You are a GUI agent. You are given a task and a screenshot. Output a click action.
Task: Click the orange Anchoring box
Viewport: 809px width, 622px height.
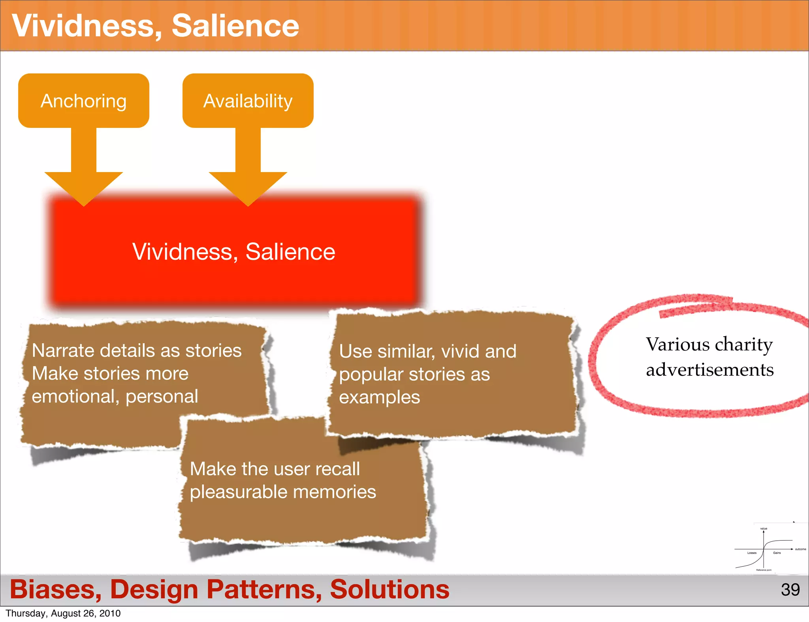84,101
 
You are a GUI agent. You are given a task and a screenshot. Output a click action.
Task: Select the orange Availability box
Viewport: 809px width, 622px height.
248,101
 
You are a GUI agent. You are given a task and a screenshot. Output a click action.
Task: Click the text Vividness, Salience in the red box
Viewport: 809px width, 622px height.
233,251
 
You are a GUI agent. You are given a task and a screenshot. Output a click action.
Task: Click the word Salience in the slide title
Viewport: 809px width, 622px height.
235,26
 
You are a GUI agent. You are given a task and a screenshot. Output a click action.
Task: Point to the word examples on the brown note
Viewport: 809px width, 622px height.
379,397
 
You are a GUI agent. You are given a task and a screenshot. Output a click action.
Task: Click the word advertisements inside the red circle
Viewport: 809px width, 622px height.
710,370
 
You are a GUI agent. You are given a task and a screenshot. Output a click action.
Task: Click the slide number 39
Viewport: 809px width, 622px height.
790,590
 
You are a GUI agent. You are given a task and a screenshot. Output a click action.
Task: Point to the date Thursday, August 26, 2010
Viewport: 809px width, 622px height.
63,613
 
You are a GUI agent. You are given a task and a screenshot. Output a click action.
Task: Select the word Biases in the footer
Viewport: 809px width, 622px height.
55,589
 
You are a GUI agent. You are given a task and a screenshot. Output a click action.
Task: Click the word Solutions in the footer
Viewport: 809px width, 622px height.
389,589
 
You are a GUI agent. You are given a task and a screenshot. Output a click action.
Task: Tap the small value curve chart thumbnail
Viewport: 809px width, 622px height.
768,549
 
